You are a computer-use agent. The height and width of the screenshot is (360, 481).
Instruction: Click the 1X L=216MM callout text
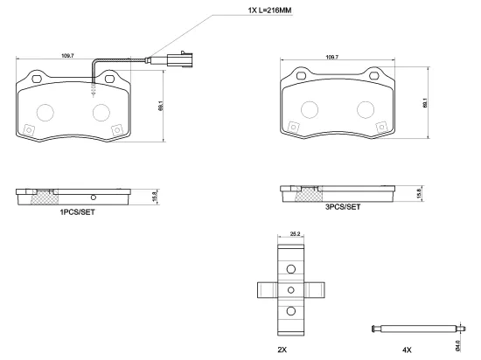click(x=247, y=10)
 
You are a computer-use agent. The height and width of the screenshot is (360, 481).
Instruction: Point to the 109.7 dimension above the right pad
click(x=331, y=57)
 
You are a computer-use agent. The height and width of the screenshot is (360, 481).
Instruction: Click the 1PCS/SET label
click(x=78, y=211)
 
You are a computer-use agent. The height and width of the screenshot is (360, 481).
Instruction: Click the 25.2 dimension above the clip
click(x=295, y=234)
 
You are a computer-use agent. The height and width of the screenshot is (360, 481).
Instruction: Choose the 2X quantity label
click(x=282, y=348)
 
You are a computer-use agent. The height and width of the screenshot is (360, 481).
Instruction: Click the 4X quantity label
click(x=407, y=348)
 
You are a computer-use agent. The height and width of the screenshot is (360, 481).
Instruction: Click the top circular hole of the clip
click(x=292, y=268)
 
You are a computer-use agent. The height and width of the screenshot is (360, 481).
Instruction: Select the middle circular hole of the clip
click(x=292, y=290)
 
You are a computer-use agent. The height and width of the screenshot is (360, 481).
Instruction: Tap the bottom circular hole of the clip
click(x=292, y=311)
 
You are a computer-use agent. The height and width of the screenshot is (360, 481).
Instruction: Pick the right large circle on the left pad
click(x=101, y=112)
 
